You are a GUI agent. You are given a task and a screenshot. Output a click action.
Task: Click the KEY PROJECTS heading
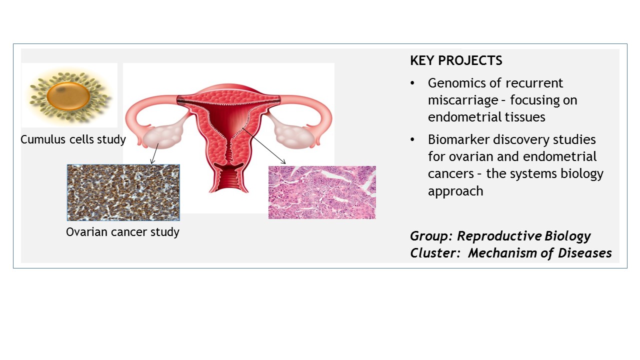(x=456, y=60)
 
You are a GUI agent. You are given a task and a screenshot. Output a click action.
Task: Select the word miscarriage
(x=463, y=100)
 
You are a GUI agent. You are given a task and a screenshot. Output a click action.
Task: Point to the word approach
(x=455, y=191)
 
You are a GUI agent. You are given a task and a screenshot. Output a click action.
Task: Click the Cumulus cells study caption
(x=73, y=139)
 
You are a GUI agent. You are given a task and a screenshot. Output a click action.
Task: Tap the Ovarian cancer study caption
(x=122, y=232)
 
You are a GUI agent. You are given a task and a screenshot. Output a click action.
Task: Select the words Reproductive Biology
(x=523, y=236)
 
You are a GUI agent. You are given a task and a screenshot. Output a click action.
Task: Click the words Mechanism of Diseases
(x=539, y=253)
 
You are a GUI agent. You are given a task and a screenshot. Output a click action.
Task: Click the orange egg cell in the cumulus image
(x=68, y=96)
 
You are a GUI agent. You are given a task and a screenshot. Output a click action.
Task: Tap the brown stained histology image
(x=123, y=192)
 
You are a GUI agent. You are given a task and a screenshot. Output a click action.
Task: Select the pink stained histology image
(x=322, y=192)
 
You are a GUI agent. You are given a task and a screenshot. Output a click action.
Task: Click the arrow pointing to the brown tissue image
(x=154, y=153)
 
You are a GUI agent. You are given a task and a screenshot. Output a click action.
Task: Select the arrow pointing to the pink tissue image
(x=264, y=146)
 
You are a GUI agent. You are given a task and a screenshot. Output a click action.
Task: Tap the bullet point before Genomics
(x=412, y=83)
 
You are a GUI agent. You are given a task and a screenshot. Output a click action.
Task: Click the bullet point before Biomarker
(x=412, y=139)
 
